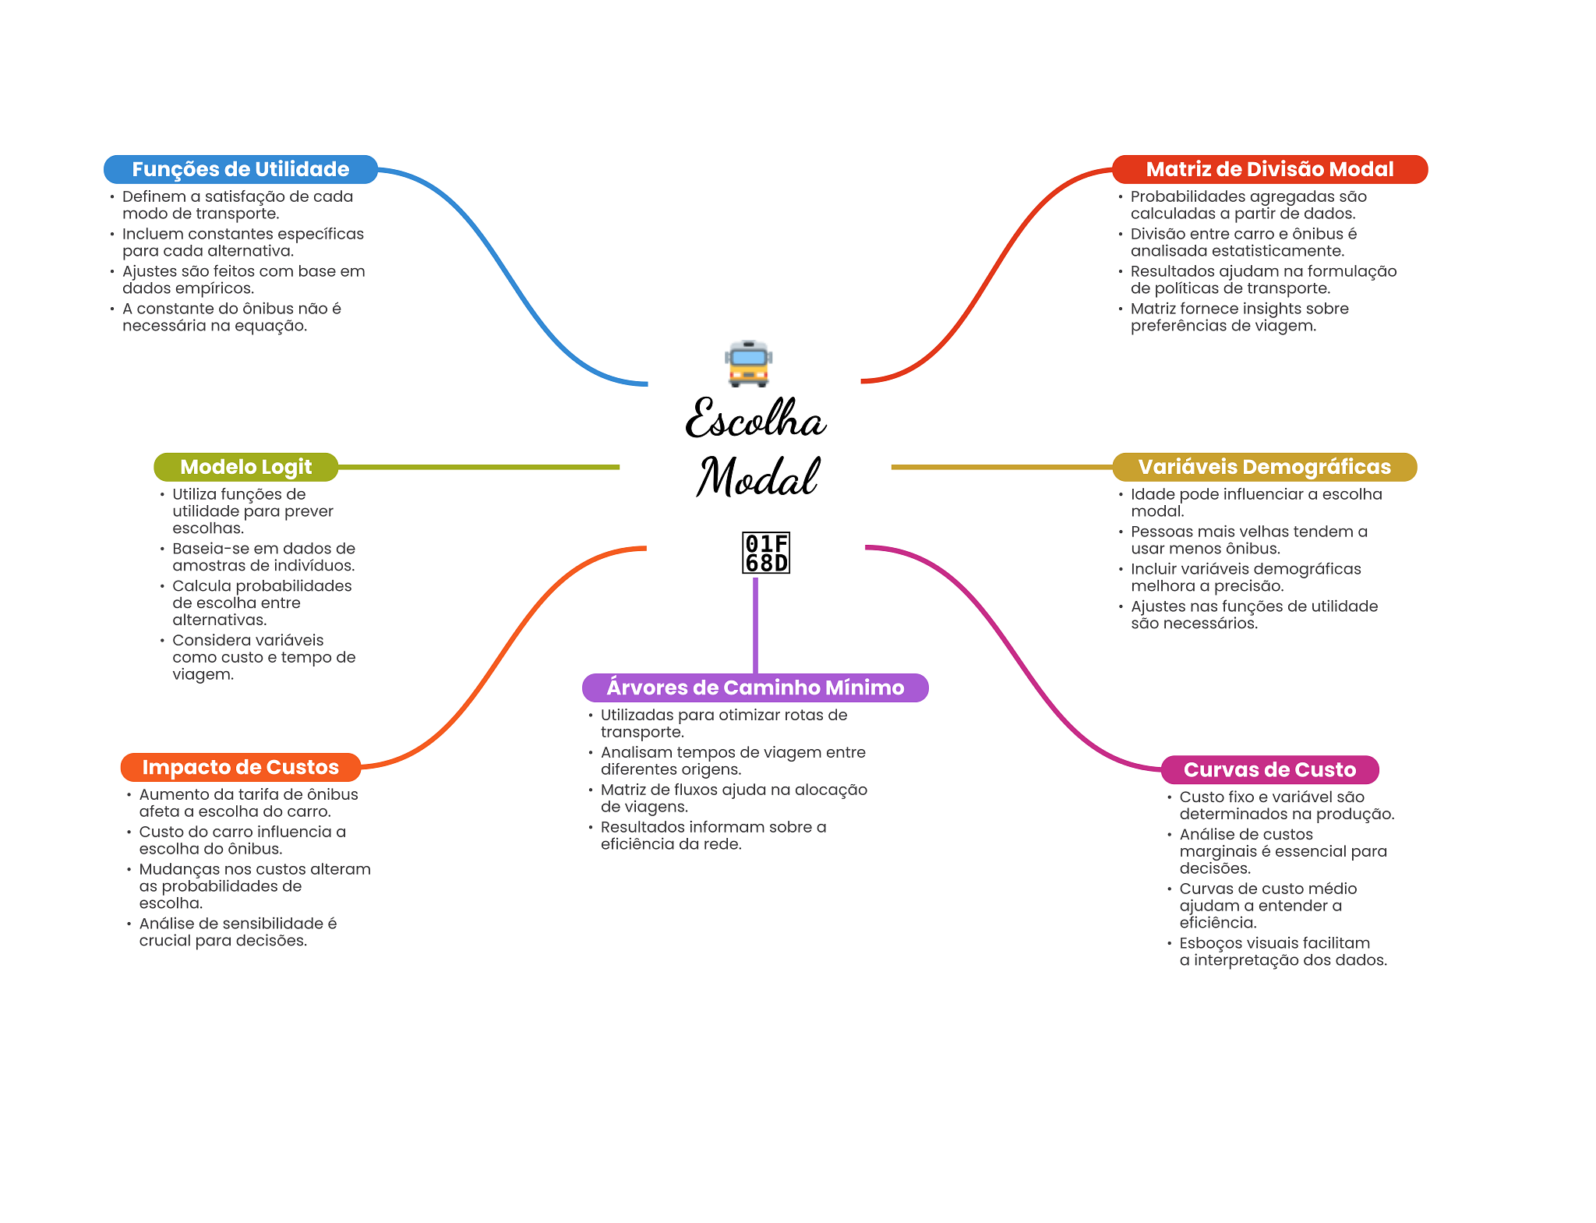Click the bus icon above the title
(x=749, y=363)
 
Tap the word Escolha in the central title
(x=754, y=419)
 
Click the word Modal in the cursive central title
(x=757, y=476)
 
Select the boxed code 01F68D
(x=766, y=553)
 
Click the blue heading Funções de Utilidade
(x=240, y=169)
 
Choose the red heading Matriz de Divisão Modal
(x=1269, y=169)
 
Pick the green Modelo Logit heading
(x=245, y=467)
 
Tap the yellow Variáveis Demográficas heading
(x=1264, y=467)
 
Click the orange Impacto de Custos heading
(x=240, y=767)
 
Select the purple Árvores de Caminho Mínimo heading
(x=755, y=687)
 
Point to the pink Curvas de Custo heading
(x=1269, y=769)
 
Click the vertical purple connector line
(x=755, y=624)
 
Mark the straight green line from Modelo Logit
(x=478, y=467)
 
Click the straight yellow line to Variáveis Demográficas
(x=1001, y=467)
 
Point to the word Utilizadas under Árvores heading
(x=637, y=715)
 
